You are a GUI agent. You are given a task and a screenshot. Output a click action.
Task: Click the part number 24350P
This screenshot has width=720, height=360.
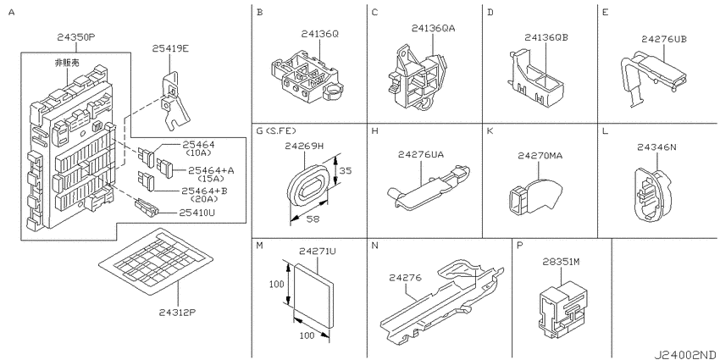75,37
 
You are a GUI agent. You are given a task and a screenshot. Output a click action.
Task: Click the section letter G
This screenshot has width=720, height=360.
259,131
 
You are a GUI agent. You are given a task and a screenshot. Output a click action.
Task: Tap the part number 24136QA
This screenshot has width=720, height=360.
433,29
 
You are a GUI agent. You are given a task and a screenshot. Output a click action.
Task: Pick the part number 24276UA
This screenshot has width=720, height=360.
421,155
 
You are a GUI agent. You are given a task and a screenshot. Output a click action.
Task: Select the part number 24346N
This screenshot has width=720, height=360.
656,147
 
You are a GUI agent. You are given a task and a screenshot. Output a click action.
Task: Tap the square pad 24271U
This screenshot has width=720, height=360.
314,294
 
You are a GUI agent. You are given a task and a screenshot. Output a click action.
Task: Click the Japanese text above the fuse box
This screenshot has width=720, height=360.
67,63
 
